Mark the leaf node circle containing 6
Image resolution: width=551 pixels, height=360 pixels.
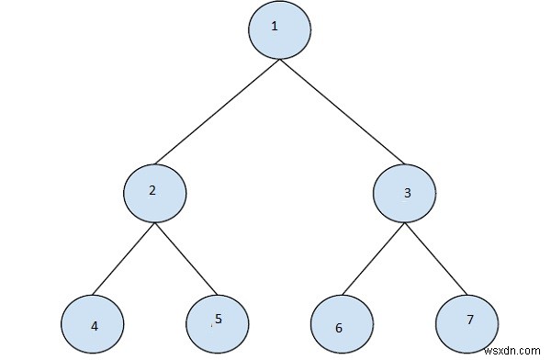click(341, 326)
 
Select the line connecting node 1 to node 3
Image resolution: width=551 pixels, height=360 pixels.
click(342, 111)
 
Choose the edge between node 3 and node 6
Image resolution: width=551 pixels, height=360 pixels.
click(373, 261)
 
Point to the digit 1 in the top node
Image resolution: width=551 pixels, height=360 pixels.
click(274, 26)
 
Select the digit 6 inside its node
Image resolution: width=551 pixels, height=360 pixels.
click(340, 328)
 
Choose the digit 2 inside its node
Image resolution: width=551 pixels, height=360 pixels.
click(152, 191)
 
